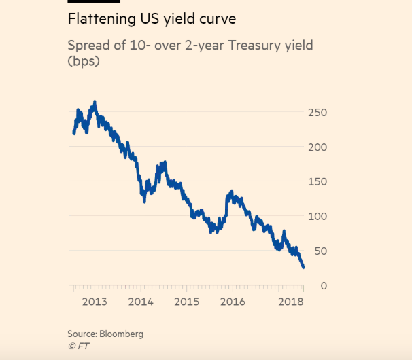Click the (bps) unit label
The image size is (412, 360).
(x=84, y=62)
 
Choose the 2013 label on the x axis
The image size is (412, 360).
(x=95, y=302)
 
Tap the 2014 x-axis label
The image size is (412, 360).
(x=141, y=302)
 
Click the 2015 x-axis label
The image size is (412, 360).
(x=187, y=302)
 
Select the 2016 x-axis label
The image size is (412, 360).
(x=233, y=302)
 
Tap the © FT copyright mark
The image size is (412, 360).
(x=78, y=346)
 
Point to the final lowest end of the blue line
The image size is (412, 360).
(x=303, y=267)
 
